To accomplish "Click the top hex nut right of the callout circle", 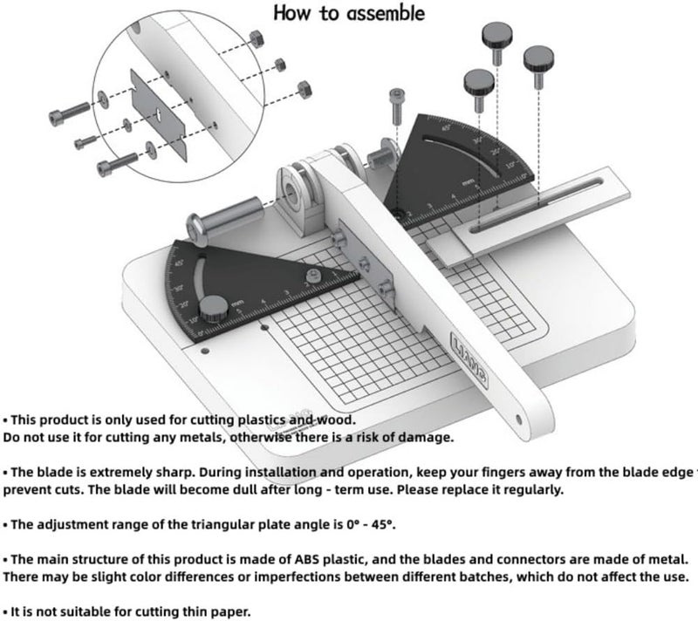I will (x=257, y=38).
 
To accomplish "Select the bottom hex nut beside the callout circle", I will (x=305, y=89).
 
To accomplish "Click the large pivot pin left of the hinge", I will (x=224, y=215).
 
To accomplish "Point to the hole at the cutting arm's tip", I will (x=522, y=420).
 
